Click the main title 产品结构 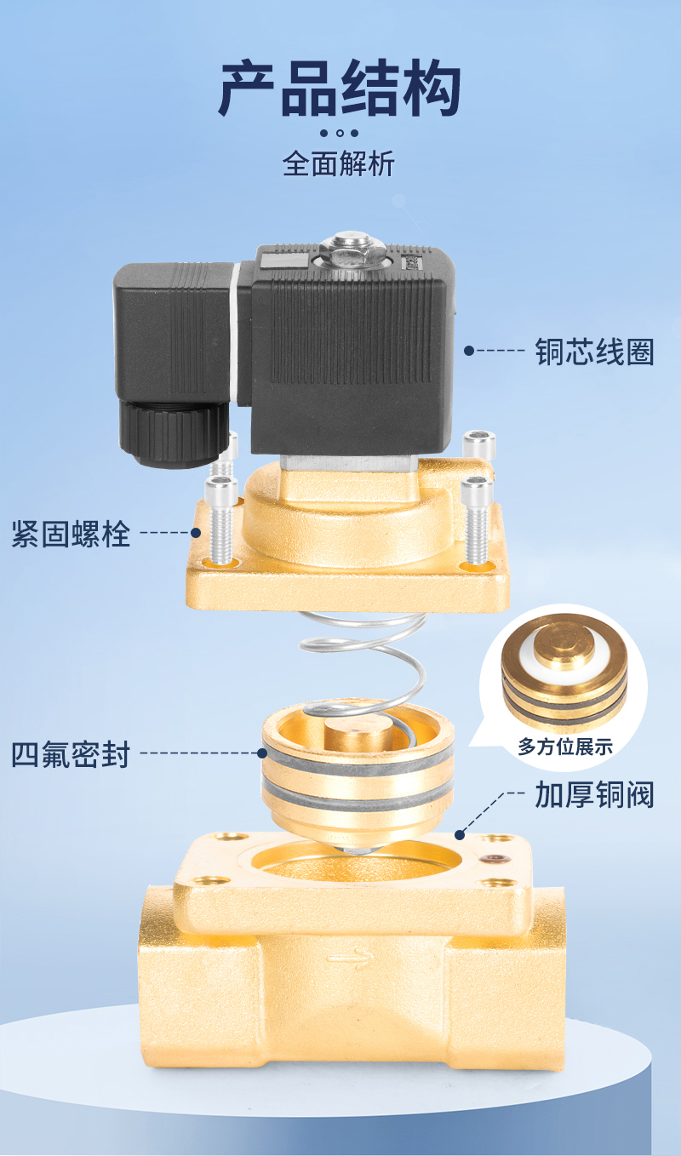(340, 87)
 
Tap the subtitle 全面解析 (339, 164)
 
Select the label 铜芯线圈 (594, 352)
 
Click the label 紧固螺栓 (71, 534)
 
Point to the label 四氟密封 (71, 754)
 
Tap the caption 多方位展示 (565, 747)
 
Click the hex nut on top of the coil (349, 250)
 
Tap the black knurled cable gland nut (174, 434)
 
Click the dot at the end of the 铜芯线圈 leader (468, 351)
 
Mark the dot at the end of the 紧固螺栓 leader (196, 533)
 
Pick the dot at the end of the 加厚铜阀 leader (459, 834)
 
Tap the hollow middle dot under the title (340, 133)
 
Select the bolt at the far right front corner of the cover (477, 520)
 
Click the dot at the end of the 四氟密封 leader (262, 753)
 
